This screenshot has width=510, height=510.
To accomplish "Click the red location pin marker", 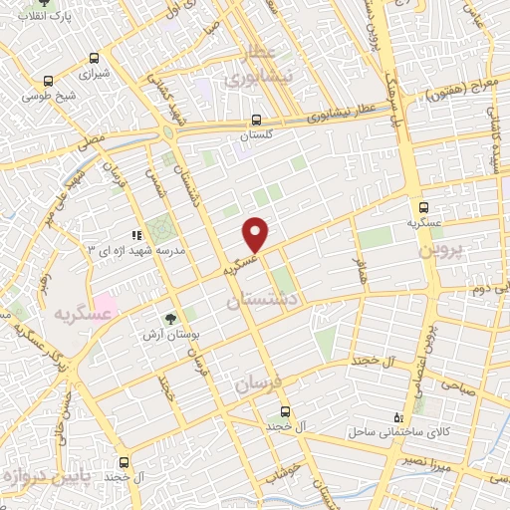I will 257,233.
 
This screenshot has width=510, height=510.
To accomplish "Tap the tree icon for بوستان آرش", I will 170,319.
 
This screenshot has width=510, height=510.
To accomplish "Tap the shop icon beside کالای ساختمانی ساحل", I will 399,418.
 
